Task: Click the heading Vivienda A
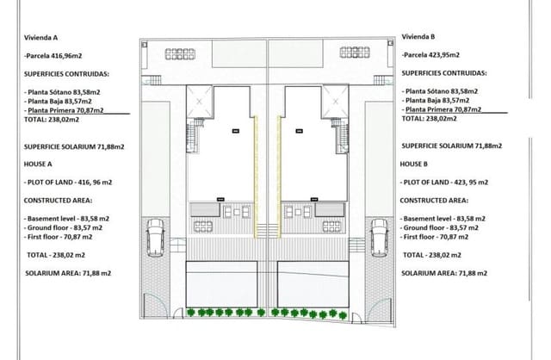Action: point(40,37)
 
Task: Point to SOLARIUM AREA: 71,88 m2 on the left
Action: point(69,272)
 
